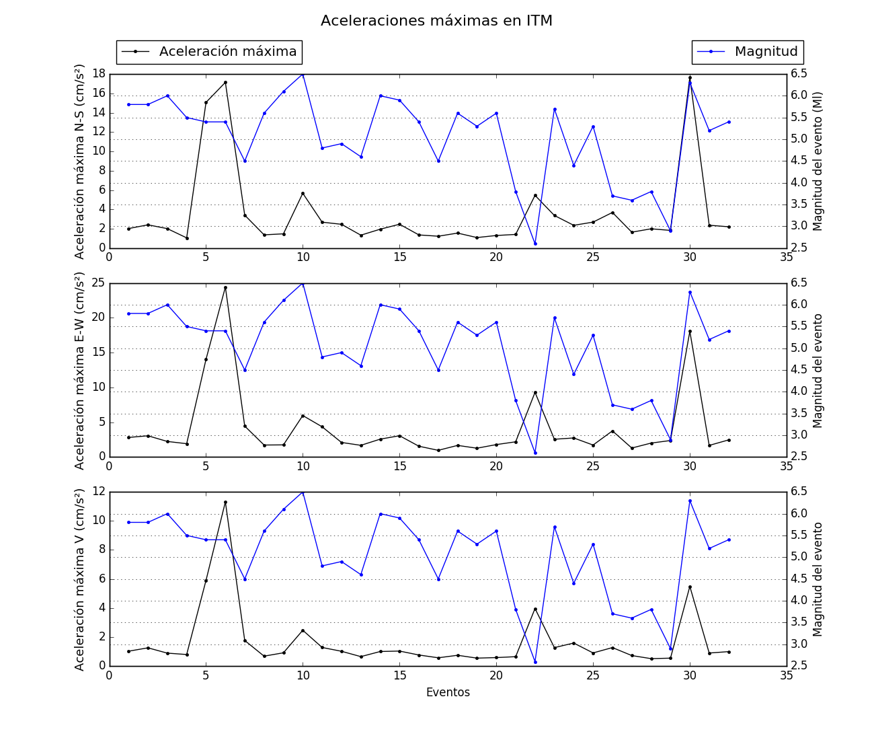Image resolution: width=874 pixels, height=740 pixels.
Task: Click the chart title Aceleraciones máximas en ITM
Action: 436,21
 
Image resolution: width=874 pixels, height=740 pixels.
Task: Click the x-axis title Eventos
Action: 448,692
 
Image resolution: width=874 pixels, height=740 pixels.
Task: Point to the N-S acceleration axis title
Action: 80,161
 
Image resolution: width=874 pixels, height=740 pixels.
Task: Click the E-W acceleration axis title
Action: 80,371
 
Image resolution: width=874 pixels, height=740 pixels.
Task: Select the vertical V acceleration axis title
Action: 80,579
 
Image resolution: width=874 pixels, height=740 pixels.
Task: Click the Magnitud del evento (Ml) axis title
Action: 818,161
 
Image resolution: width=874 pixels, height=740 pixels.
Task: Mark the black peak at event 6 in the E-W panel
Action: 225,287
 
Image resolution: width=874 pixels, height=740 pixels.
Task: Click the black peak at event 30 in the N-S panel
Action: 690,77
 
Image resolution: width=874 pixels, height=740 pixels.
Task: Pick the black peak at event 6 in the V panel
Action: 225,502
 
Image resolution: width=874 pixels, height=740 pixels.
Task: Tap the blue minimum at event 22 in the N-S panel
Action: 535,244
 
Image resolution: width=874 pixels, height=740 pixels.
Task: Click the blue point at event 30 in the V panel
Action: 690,501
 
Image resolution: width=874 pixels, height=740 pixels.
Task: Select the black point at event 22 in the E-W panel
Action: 535,392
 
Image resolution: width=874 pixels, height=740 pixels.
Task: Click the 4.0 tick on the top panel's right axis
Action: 799,182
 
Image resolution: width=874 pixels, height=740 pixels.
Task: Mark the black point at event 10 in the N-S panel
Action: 303,193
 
